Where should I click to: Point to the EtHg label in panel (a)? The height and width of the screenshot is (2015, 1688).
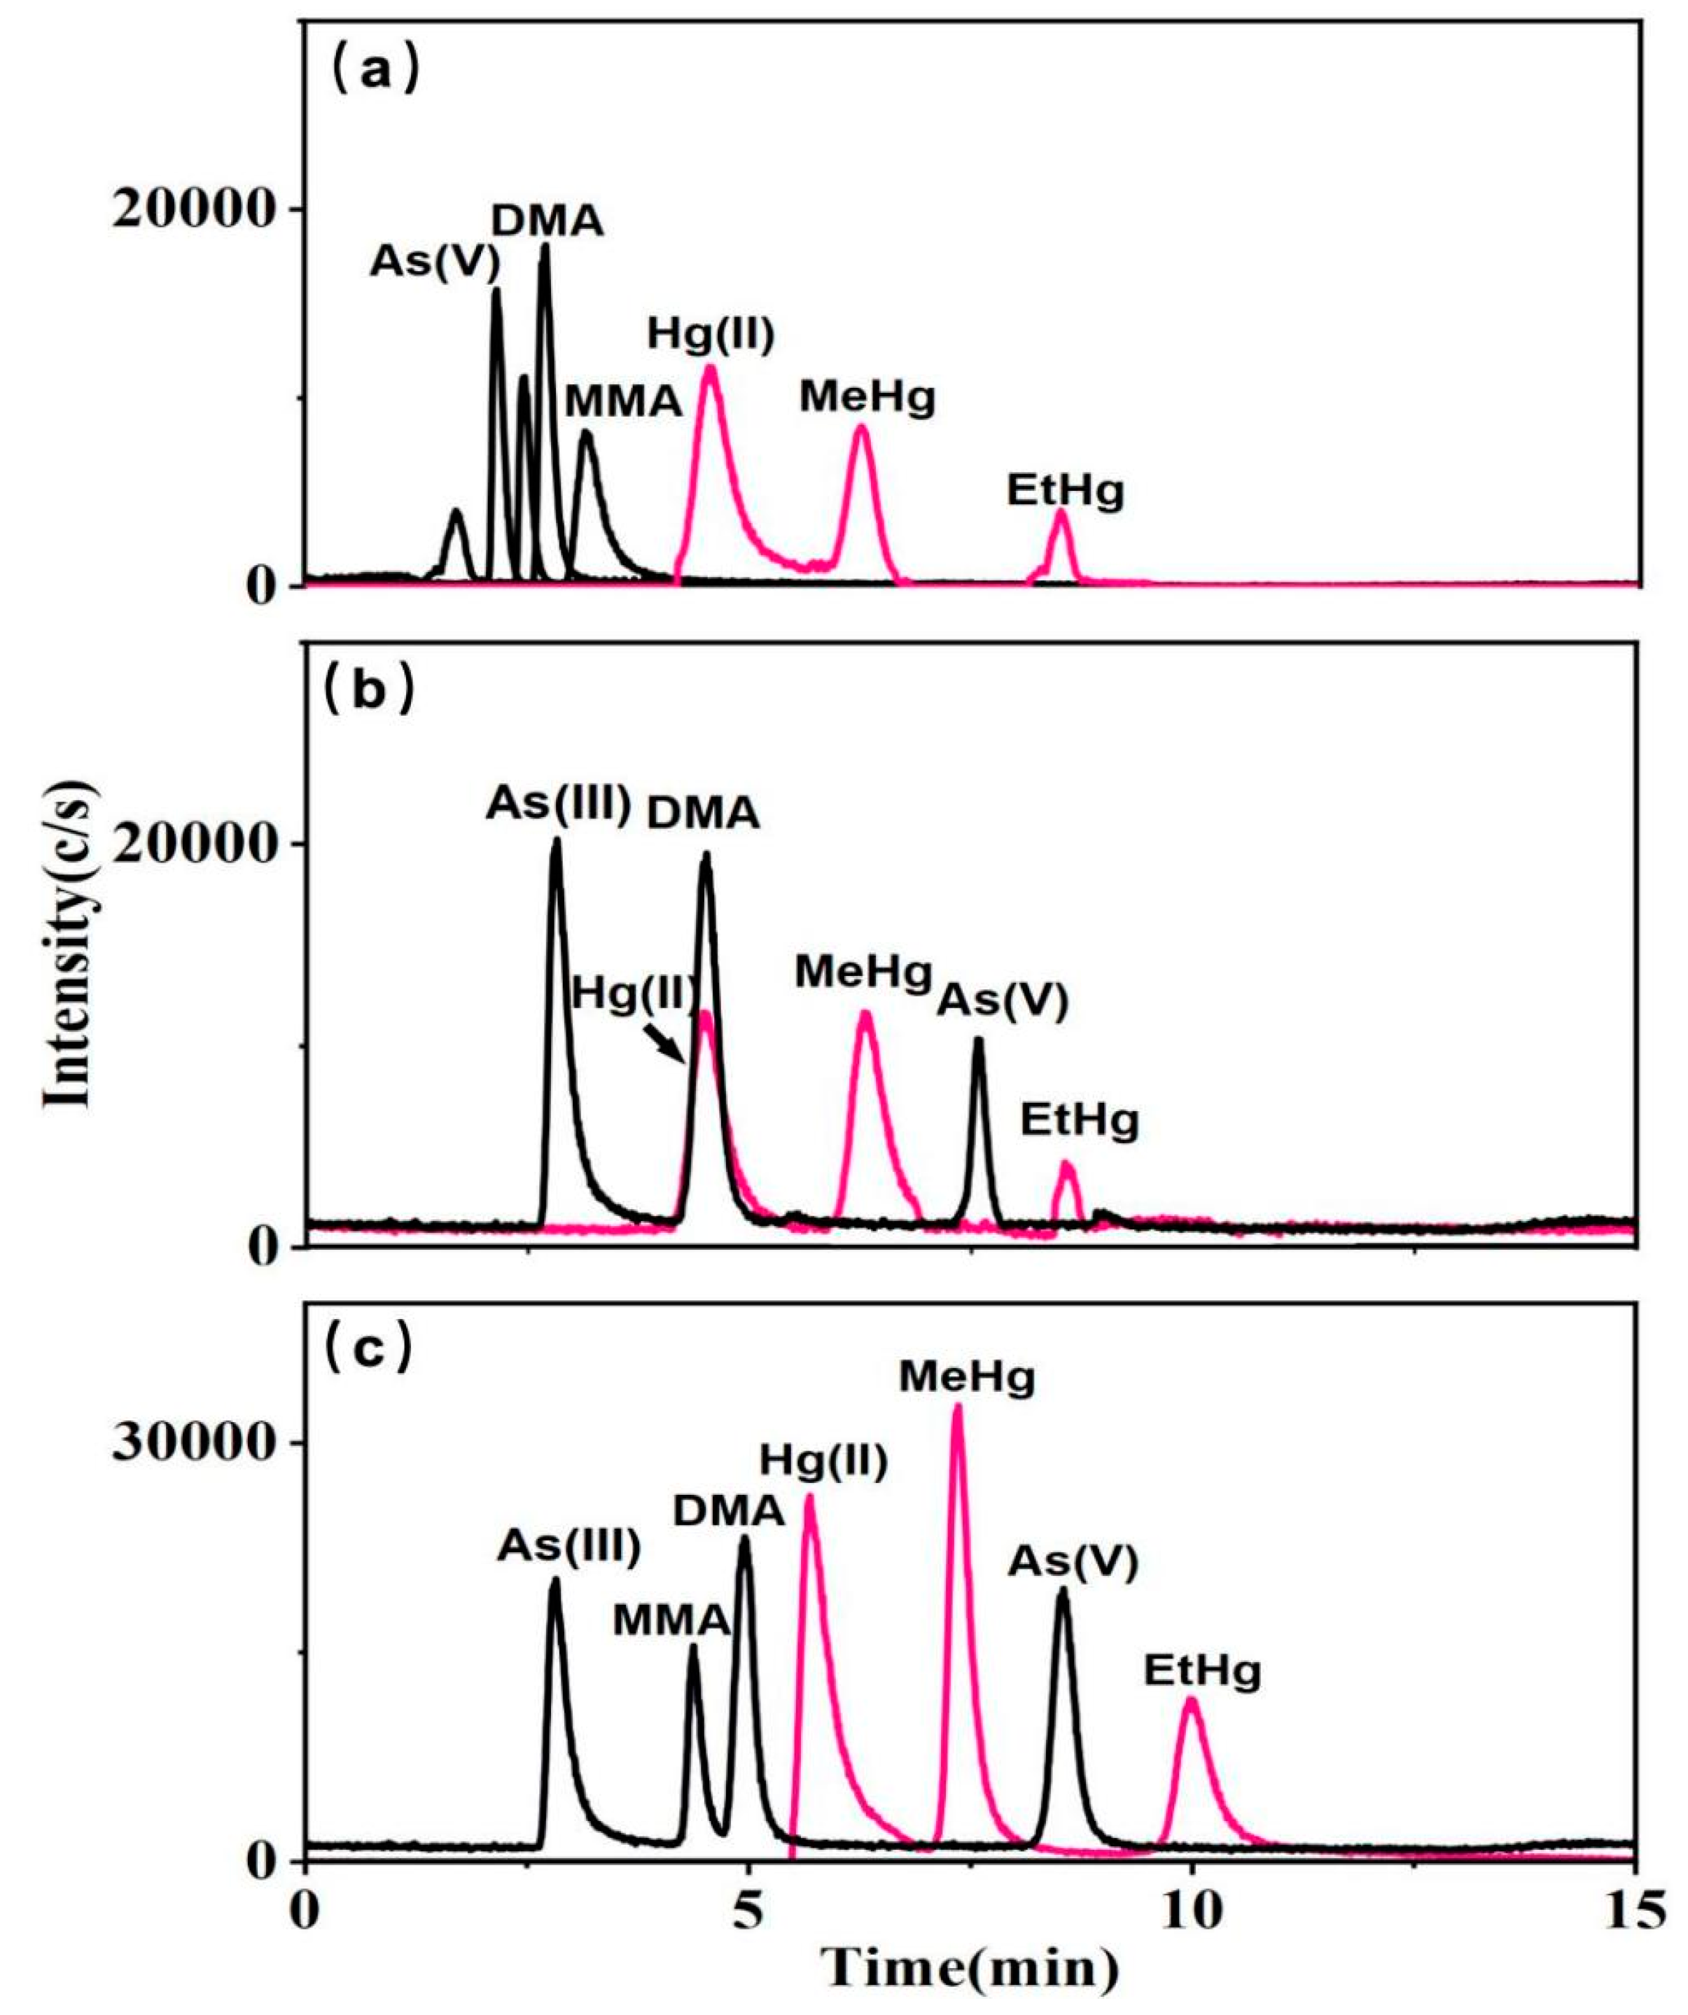pos(1065,491)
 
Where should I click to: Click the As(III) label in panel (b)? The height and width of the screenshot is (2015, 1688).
pos(557,804)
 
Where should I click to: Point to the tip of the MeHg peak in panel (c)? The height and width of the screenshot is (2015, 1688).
pos(957,1407)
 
